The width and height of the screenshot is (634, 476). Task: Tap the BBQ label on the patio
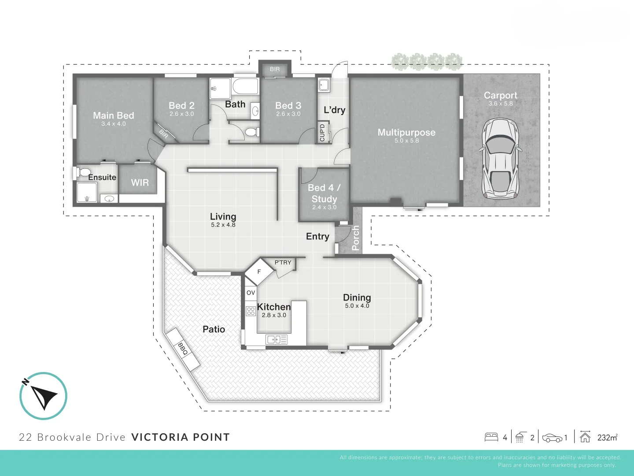point(183,349)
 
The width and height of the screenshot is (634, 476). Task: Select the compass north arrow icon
point(43,395)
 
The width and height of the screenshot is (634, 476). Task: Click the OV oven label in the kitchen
point(251,293)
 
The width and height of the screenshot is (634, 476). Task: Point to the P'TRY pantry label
point(283,263)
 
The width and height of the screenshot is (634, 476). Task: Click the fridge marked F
point(259,272)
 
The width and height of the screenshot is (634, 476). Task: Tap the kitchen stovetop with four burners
point(251,311)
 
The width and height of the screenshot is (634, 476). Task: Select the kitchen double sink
point(276,339)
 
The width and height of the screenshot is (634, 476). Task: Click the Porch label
point(356,238)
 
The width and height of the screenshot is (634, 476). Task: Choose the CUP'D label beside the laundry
point(322,133)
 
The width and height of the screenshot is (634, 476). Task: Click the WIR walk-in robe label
point(140,182)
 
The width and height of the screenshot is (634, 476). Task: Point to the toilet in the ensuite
point(84,172)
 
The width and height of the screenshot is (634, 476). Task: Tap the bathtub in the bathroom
point(245,86)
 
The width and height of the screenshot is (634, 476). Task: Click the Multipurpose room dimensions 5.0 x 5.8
point(406,141)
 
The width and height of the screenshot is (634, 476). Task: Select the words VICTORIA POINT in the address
point(181,437)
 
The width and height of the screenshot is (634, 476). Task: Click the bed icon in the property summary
point(491,437)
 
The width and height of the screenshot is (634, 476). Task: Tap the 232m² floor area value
point(607,438)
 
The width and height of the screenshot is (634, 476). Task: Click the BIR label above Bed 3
point(275,69)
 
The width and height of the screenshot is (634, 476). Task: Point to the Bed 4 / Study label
point(324,193)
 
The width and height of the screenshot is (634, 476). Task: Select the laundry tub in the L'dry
point(324,85)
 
